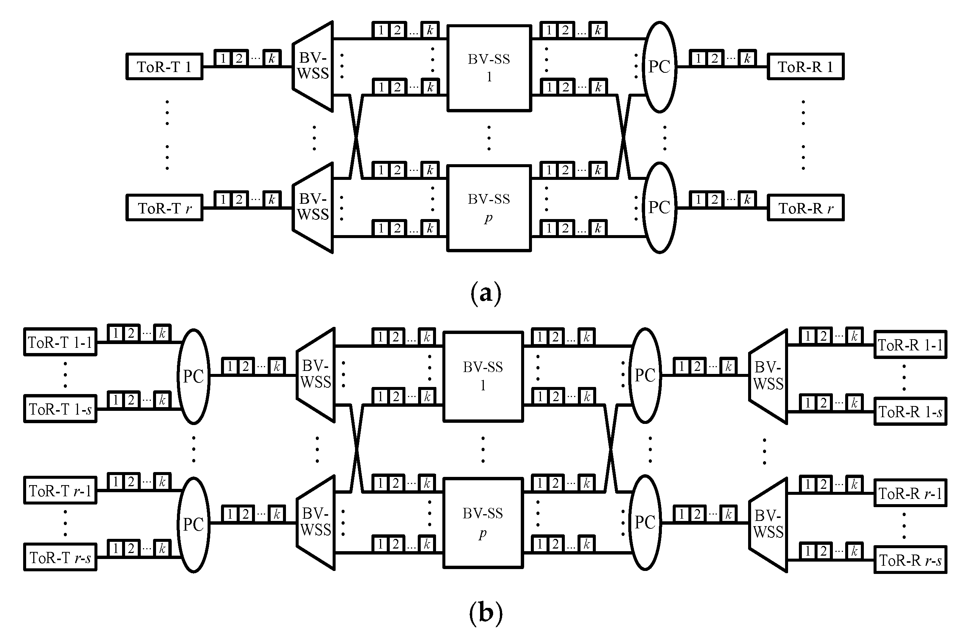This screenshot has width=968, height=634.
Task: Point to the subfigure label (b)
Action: point(486,612)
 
